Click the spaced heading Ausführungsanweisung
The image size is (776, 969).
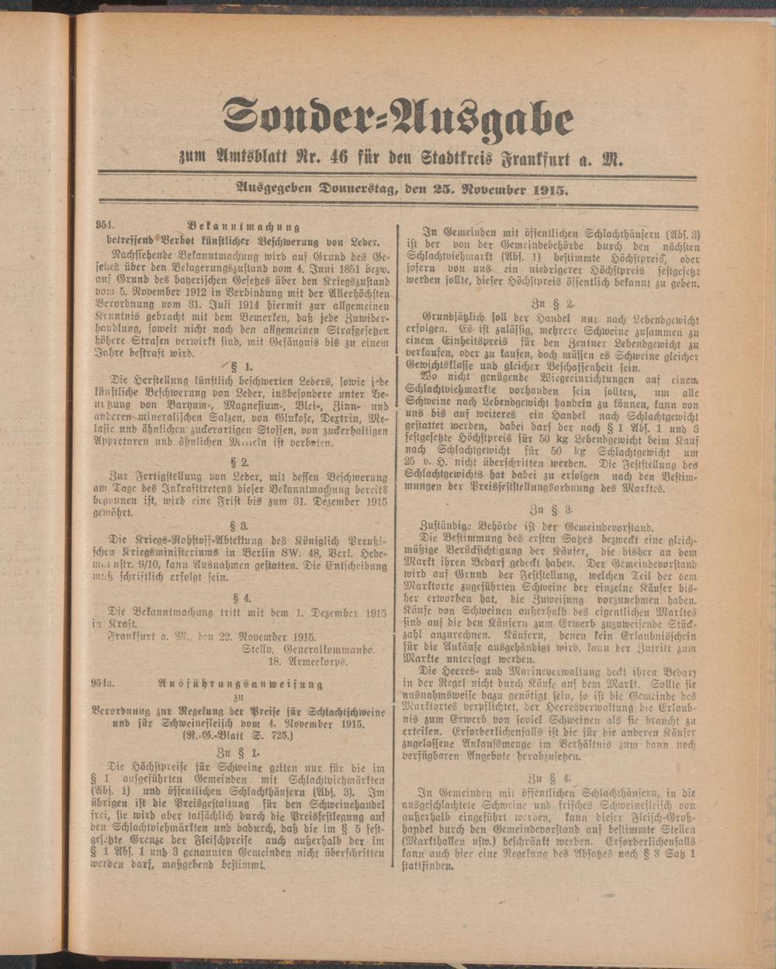coord(240,684)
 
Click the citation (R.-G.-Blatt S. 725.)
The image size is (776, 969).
coord(237,735)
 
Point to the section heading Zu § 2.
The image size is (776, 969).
coord(553,303)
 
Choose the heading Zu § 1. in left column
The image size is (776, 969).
coord(238,752)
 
